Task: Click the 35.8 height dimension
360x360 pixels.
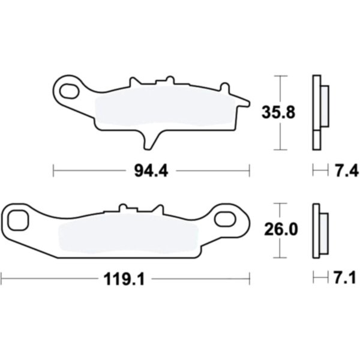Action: point(278,113)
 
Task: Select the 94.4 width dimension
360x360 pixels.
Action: point(151,171)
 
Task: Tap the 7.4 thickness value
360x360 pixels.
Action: point(346,170)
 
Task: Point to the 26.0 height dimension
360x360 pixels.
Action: point(281,229)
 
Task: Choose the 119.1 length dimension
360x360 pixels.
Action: point(124,279)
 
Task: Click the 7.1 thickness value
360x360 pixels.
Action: point(344,278)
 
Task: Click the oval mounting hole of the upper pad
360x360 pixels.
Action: point(69,91)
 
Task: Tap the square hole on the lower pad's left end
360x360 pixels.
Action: point(19,220)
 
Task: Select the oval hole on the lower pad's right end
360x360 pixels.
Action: point(225,218)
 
